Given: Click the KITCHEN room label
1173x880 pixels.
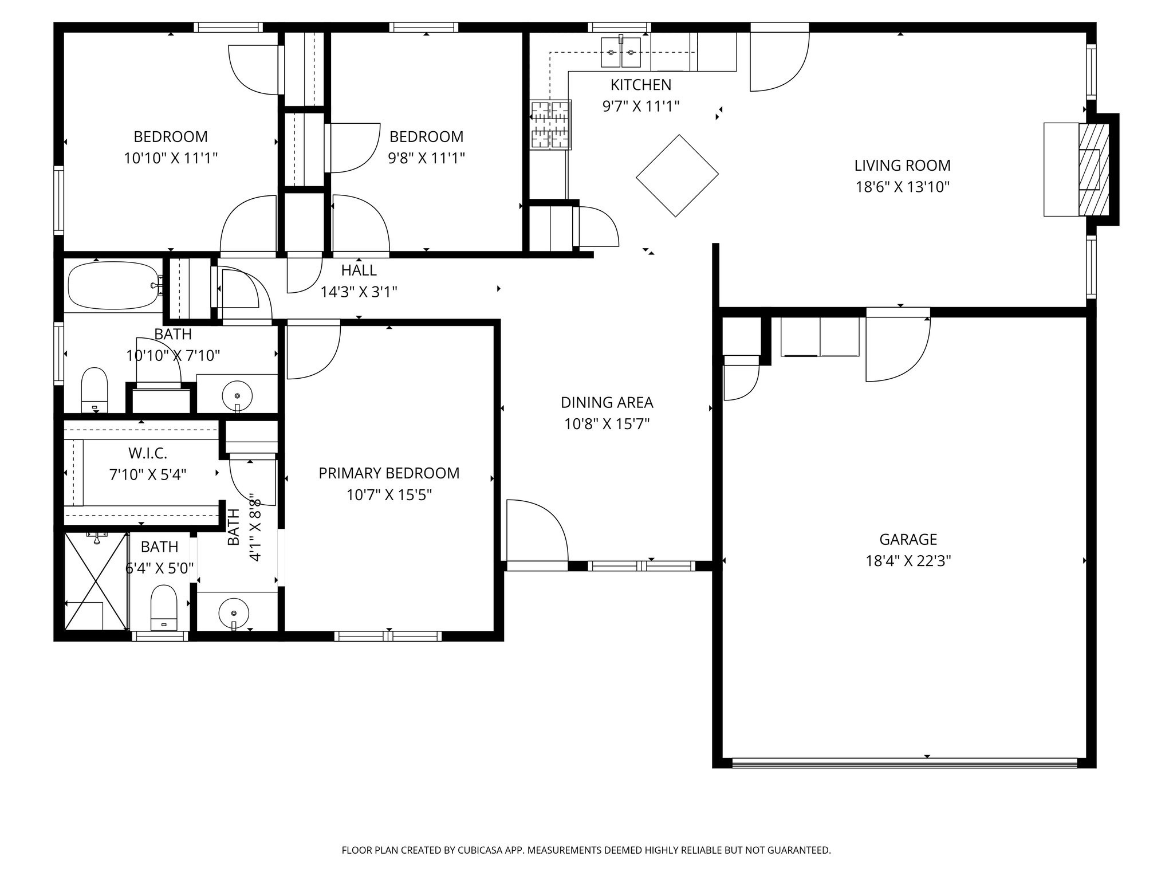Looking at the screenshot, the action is tap(640, 85).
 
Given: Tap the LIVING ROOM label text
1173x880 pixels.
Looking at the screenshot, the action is tap(902, 166).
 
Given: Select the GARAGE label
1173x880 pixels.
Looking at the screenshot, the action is tap(908, 540).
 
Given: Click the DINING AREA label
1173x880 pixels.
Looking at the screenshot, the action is tap(607, 403).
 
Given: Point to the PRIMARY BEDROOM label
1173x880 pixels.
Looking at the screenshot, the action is tap(389, 473).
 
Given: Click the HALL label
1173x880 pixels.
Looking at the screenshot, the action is tap(359, 270).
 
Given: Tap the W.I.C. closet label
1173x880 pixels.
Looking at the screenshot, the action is tap(148, 454).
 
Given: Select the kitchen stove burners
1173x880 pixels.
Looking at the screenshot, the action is tap(550, 124).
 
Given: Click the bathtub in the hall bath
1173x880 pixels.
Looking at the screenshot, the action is tap(115, 285).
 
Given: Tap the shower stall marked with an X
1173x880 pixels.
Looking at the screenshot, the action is tap(96, 581).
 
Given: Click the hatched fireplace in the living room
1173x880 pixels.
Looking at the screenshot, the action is tap(1094, 170).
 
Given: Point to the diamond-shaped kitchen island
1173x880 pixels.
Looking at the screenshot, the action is tap(677, 176).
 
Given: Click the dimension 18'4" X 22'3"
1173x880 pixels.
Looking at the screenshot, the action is tap(908, 561).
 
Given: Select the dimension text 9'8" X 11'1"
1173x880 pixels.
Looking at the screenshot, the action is tap(426, 158).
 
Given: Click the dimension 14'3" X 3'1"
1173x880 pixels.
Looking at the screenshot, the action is tap(359, 292).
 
